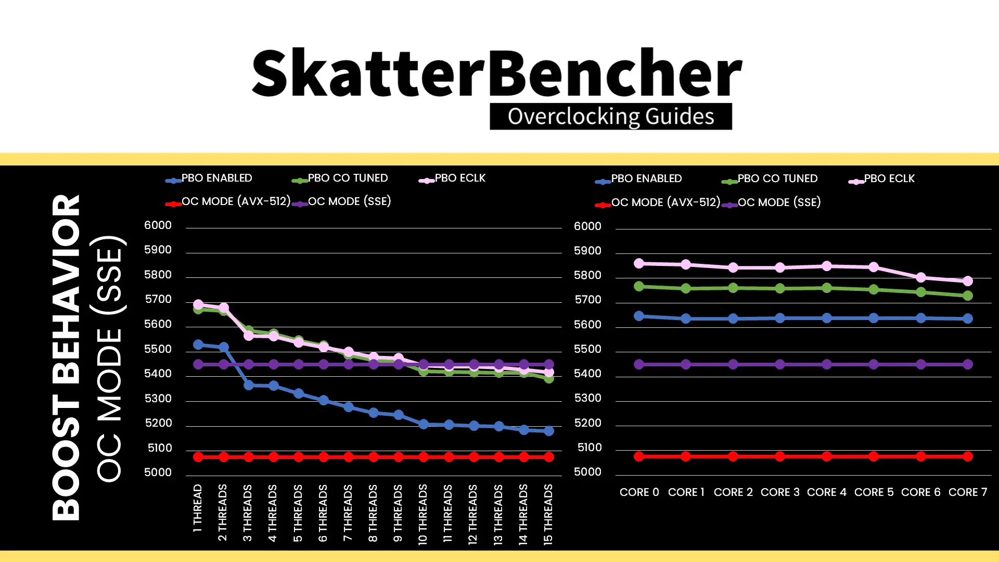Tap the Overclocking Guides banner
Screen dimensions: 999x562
point(611,117)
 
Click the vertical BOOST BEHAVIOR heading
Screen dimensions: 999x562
point(66,357)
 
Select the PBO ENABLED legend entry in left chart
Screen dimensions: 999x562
point(209,178)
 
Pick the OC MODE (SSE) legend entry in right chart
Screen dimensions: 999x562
point(772,202)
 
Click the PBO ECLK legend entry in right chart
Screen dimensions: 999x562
point(881,179)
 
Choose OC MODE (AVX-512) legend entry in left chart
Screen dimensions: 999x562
point(228,202)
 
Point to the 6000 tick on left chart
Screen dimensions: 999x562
point(158,225)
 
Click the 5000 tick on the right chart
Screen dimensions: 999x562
point(587,472)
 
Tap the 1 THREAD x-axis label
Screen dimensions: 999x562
point(198,508)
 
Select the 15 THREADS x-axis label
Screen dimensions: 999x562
point(548,515)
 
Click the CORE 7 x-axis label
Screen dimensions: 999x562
point(968,492)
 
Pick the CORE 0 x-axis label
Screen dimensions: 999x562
point(639,492)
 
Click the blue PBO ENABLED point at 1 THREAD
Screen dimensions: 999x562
point(198,345)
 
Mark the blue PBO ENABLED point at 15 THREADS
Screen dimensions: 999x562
point(549,431)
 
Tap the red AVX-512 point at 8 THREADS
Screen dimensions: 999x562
point(374,457)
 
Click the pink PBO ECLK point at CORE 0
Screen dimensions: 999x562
point(639,264)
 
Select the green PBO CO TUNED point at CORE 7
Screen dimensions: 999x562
point(968,296)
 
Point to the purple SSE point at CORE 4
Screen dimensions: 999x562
point(827,364)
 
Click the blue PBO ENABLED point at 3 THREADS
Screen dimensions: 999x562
point(249,385)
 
